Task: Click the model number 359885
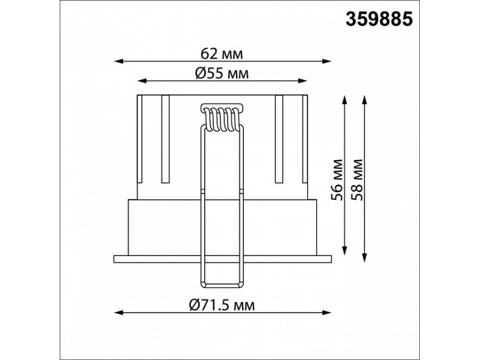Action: (379, 19)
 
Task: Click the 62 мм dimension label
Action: (222, 54)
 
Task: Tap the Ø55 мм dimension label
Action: (222, 74)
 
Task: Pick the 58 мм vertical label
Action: (357, 180)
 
